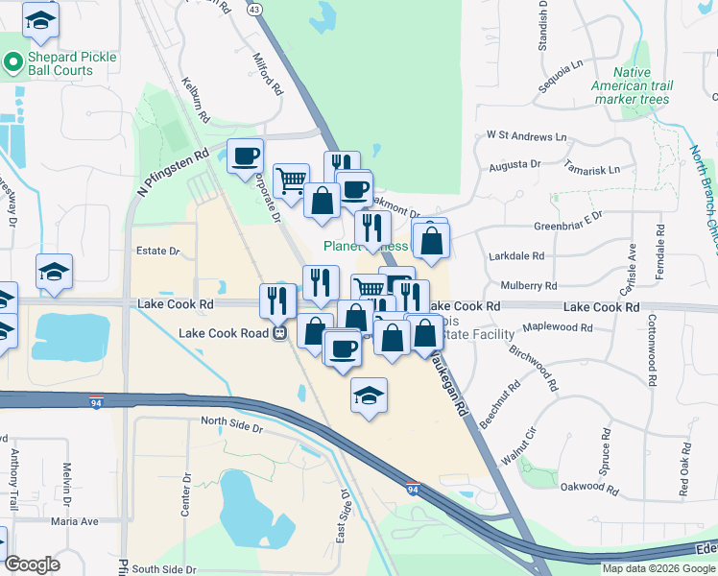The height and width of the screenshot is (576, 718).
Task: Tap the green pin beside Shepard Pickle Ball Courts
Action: pyautogui.click(x=12, y=63)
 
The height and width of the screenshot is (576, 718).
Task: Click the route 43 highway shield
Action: pyautogui.click(x=253, y=9)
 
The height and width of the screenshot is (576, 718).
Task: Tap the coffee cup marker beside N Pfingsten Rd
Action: pyautogui.click(x=246, y=155)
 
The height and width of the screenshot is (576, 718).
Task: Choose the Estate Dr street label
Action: pyautogui.click(x=158, y=252)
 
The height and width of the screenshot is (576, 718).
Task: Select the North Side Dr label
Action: pyautogui.click(x=231, y=421)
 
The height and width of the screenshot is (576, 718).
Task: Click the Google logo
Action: pyautogui.click(x=32, y=564)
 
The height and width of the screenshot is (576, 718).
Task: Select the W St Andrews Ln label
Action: pyautogui.click(x=527, y=136)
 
